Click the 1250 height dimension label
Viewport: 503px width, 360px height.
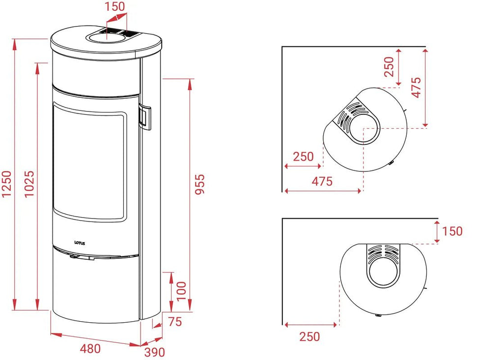[7, 184]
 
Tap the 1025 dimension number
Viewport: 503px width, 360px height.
[29, 184]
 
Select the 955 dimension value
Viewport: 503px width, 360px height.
[199, 184]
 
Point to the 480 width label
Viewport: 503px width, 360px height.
[90, 348]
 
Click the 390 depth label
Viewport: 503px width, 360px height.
[155, 352]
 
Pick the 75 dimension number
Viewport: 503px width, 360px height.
[175, 322]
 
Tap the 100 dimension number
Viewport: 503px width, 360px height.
[181, 291]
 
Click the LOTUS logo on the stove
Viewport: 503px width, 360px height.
[80, 243]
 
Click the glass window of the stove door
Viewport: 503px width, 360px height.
[88, 162]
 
